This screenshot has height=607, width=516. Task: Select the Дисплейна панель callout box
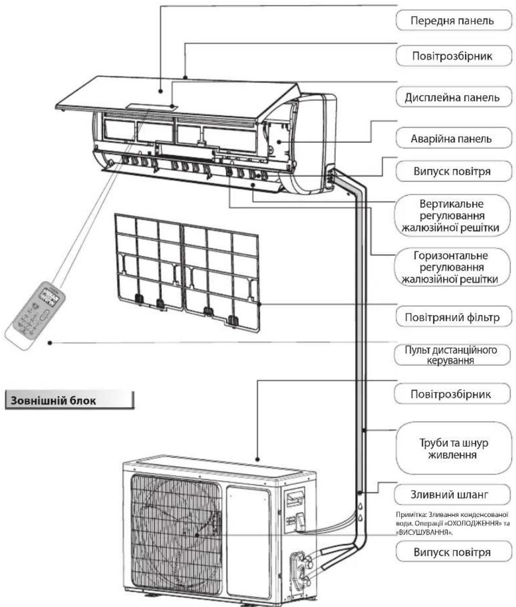[454, 98]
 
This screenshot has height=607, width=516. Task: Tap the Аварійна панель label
[453, 138]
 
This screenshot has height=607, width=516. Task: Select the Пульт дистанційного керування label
[453, 354]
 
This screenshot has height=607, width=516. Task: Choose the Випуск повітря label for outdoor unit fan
[452, 552]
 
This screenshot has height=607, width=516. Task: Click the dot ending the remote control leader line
[50, 342]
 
